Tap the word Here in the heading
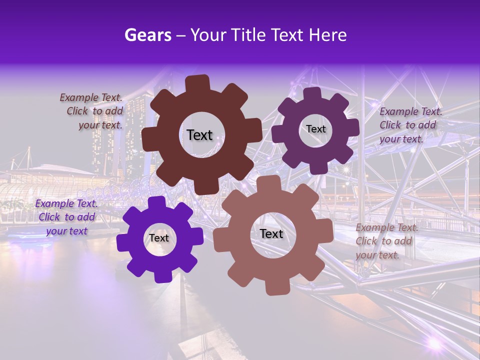click(x=328, y=34)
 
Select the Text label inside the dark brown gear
click(x=199, y=135)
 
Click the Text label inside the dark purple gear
click(x=315, y=129)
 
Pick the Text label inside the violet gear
click(x=159, y=238)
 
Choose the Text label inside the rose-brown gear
click(x=271, y=233)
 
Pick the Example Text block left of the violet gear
click(x=66, y=217)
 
